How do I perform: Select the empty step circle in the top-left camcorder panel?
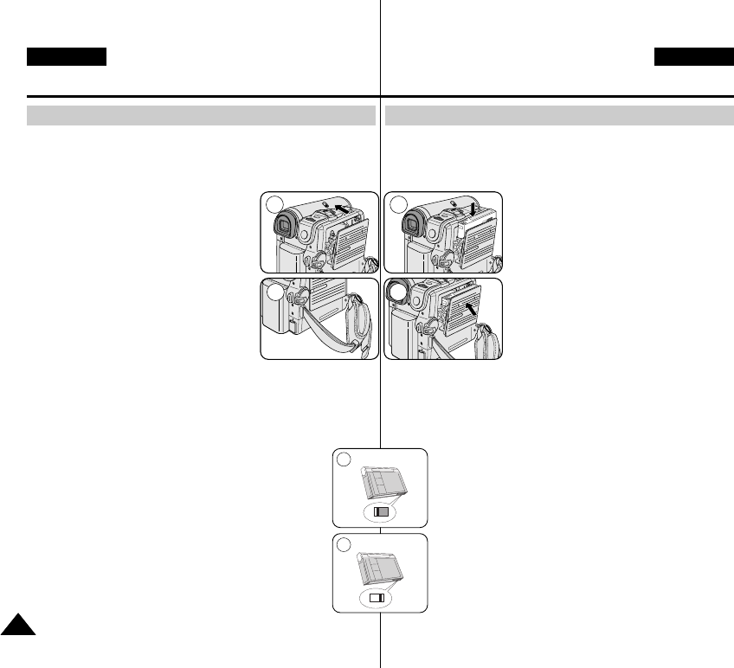(x=274, y=204)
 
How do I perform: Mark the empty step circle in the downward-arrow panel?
(x=398, y=204)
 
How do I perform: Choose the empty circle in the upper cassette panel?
(x=344, y=459)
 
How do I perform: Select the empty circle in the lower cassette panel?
(x=344, y=544)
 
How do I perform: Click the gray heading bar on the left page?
(x=201, y=116)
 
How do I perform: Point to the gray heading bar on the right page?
(x=559, y=116)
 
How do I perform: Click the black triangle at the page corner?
(x=17, y=625)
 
